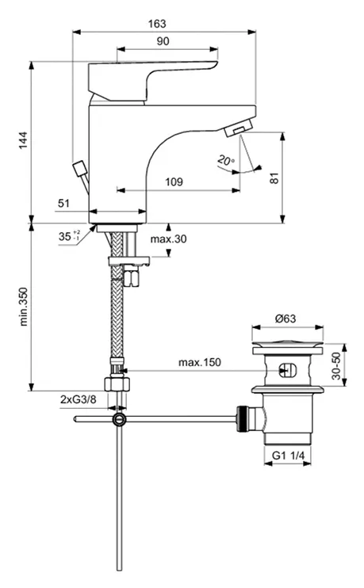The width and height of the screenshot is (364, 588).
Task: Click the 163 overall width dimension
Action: [x=156, y=24]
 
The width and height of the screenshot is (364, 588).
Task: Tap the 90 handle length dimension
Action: [x=163, y=41]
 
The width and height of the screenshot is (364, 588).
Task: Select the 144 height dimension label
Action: [x=23, y=140]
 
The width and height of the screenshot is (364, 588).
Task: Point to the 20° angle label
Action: [x=226, y=161]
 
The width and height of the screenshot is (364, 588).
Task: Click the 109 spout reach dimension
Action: [x=174, y=182]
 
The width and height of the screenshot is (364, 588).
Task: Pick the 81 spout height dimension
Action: [x=274, y=178]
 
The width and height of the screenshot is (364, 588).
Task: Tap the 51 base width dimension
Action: [x=63, y=203]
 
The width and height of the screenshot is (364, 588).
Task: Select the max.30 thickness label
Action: [x=168, y=239]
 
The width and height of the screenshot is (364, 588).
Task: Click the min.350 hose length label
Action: [x=23, y=307]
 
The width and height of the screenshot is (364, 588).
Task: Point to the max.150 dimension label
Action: [x=200, y=362]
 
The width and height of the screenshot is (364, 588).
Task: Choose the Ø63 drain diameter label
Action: [x=285, y=319]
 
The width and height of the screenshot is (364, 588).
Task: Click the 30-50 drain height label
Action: [x=336, y=365]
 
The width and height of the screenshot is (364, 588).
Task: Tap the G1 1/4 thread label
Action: [x=288, y=456]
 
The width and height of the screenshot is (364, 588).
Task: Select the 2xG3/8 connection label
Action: [x=78, y=399]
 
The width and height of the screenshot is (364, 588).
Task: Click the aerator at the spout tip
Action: [x=238, y=128]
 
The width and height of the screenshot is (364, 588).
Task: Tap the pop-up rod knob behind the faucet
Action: [x=79, y=169]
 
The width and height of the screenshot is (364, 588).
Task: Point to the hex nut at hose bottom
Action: [x=117, y=384]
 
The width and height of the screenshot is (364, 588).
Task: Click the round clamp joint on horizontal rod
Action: [x=119, y=419]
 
